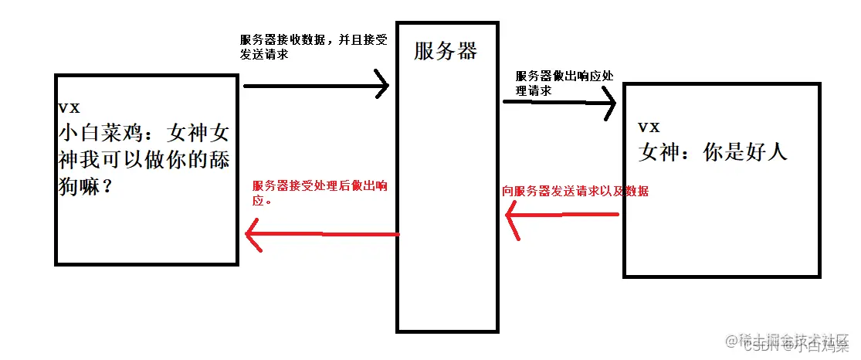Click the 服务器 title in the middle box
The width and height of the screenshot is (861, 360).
pos(446,52)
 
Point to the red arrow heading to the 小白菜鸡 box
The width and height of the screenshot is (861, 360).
pos(322,233)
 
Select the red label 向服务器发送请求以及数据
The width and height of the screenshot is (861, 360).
pos(575,191)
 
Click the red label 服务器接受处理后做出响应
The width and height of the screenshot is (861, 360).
pos(320,192)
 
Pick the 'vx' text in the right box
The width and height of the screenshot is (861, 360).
pos(649,127)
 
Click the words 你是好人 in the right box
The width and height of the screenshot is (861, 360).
pos(745,152)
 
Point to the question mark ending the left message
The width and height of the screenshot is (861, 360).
pos(107,187)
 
